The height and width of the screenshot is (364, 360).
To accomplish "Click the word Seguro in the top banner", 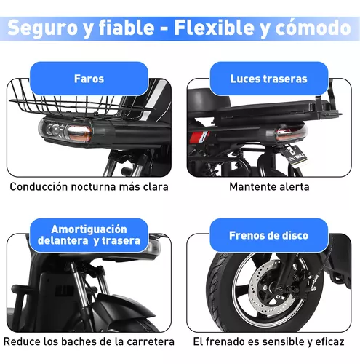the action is (42, 27).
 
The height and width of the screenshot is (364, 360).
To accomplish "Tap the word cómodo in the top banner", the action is (313, 27).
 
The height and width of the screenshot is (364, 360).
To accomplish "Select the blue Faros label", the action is (89, 79).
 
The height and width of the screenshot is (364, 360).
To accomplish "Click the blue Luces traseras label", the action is (268, 79).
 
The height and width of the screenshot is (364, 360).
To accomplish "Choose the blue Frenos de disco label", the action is (268, 235).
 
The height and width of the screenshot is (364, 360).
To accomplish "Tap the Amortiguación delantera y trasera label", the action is (89, 235).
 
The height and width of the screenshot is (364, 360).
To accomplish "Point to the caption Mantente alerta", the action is (269, 186).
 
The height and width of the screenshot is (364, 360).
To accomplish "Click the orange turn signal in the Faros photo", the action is (79, 133).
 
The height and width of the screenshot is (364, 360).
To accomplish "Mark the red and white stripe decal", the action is (200, 137).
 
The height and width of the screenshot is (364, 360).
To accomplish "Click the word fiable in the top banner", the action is (127, 27).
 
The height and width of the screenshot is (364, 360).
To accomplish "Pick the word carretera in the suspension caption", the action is (151, 341).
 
